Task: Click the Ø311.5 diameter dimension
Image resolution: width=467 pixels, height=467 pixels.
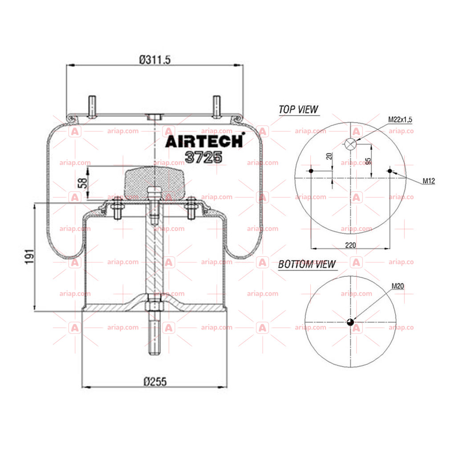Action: tap(155, 60)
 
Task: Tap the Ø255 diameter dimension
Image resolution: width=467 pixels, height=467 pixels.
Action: tap(155, 382)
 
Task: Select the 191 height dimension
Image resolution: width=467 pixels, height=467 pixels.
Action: tap(29, 256)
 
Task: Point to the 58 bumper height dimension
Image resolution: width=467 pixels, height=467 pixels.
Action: tap(82, 183)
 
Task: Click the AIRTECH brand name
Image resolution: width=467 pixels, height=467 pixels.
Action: tap(205, 141)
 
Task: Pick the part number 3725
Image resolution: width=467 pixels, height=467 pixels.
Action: tap(203, 157)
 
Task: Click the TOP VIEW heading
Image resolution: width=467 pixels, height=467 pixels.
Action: tap(298, 110)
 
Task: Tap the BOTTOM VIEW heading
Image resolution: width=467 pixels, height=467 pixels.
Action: tap(307, 264)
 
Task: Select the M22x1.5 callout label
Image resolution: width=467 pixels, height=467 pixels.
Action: tap(400, 119)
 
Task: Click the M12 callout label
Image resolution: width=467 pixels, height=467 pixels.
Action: tap(429, 181)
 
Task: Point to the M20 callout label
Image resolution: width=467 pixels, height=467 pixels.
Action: tap(398, 286)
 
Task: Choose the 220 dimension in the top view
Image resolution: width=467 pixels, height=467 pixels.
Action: tap(350, 245)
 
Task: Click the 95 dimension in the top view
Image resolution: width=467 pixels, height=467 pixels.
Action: tap(368, 161)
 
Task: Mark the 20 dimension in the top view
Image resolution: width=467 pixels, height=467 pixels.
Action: tap(329, 156)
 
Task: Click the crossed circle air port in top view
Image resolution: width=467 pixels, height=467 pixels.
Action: tap(350, 144)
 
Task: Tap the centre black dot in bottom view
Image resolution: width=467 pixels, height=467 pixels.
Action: tap(350, 322)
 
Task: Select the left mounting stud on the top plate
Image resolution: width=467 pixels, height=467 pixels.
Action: tap(92, 107)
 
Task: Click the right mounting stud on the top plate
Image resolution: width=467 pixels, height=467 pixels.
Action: tap(217, 107)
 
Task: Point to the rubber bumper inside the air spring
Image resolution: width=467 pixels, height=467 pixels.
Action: tap(155, 183)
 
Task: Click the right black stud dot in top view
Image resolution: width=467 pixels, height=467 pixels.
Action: tap(390, 171)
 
